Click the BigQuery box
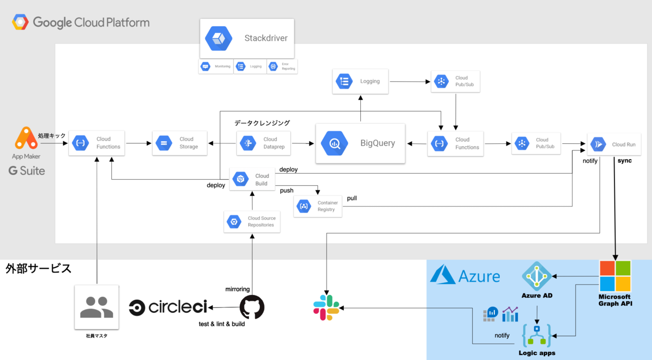(361, 143)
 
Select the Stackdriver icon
(218, 39)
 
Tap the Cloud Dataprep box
(263, 143)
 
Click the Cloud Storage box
(179, 143)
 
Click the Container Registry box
(318, 206)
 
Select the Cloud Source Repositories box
(252, 222)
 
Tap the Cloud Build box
(252, 179)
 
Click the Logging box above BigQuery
(360, 81)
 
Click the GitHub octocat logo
(252, 307)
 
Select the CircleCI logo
(168, 307)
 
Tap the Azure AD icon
(536, 276)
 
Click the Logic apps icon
(537, 336)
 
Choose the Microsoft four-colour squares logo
(615, 276)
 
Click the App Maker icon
(26, 139)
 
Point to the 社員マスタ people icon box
(97, 307)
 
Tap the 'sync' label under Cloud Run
(624, 161)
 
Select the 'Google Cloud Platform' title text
(91, 23)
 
